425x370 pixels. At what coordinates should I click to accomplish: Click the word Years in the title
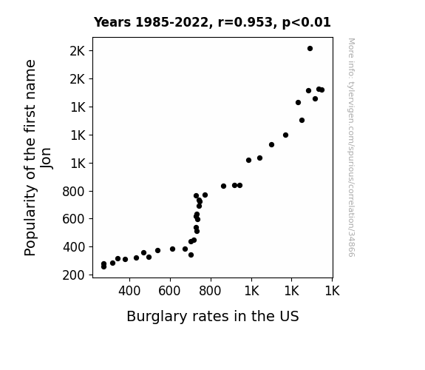pos(112,22)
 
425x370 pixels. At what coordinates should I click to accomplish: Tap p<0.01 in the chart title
pos(306,23)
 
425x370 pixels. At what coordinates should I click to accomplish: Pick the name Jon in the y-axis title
pos(46,158)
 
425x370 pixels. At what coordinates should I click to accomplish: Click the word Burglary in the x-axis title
pos(157,317)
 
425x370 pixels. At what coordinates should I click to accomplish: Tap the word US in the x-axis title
pos(290,317)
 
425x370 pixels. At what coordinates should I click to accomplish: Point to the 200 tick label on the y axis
pos(73,275)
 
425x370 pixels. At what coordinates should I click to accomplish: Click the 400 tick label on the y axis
pos(73,247)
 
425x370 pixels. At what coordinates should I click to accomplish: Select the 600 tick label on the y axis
pos(73,219)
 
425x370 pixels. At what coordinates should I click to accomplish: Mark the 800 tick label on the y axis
pos(73,192)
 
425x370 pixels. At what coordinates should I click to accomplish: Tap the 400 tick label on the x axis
pos(129,291)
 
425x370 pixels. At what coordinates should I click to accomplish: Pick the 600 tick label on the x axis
pos(170,291)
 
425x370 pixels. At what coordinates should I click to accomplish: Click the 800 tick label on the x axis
pos(210,291)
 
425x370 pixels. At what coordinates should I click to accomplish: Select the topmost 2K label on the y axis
pos(78,51)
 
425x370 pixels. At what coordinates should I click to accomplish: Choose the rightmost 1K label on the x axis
pos(332,291)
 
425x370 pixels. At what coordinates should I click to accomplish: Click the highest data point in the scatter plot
pos(310,49)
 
